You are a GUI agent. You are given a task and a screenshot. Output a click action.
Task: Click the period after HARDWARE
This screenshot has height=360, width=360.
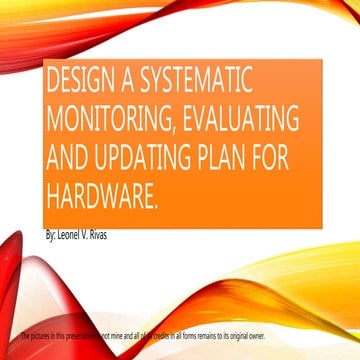[x=157, y=195]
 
